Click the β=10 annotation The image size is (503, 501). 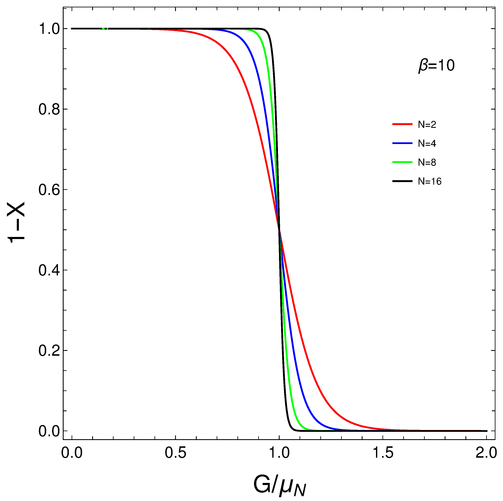436,65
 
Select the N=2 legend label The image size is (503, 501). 427,125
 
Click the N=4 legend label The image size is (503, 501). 427,144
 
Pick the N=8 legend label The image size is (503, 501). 427,162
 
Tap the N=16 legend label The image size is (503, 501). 430,181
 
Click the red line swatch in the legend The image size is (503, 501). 402,124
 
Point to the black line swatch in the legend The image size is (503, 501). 402,181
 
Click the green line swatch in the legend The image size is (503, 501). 402,162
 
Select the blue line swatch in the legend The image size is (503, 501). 402,143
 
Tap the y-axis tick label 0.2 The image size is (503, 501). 49,351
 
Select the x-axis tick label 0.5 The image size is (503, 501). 176,453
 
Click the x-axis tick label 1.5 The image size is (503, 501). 383,453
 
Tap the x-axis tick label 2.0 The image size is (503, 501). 486,453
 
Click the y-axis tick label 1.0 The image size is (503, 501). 49,29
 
